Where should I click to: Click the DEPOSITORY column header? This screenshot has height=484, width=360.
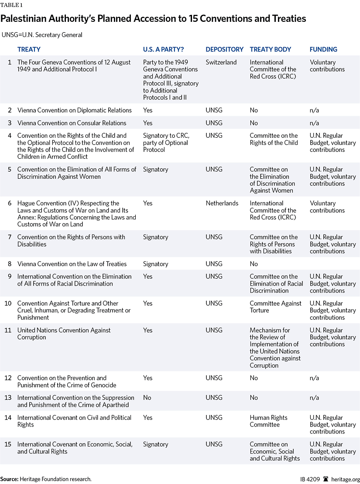click(224, 50)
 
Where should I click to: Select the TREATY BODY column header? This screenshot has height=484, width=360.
click(270, 50)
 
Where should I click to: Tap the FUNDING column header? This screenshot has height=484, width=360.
click(323, 50)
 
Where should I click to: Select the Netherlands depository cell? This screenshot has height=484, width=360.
click(222, 203)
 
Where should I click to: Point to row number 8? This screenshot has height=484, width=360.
click(10, 264)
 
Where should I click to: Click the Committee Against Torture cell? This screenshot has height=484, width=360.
click(275, 307)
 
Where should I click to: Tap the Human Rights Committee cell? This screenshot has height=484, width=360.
click(268, 421)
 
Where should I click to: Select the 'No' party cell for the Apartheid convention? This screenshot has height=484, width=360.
click(147, 398)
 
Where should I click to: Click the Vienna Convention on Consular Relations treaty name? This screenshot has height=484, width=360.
click(72, 123)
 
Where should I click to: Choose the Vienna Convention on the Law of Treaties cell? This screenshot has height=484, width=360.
click(72, 264)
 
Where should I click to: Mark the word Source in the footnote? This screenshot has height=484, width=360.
click(9, 479)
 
